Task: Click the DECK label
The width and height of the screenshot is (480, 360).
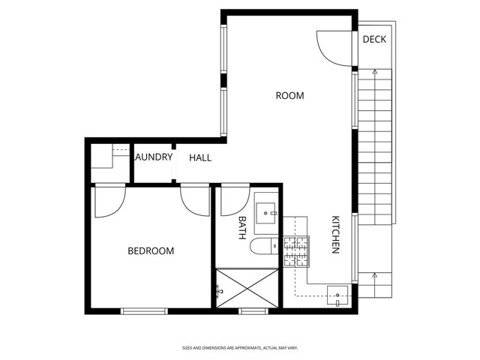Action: (x=374, y=39)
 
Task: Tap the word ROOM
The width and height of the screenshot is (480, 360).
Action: (x=289, y=95)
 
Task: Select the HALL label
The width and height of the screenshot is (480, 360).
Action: (x=200, y=157)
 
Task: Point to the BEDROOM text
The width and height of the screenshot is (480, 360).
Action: (x=150, y=250)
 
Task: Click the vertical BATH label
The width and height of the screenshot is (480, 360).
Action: (x=242, y=227)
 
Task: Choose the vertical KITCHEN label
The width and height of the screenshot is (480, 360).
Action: (x=336, y=235)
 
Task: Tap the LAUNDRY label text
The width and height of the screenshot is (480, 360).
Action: (x=154, y=157)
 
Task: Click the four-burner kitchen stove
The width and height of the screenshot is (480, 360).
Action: (x=296, y=251)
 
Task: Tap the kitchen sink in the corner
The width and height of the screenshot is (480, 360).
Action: (x=338, y=295)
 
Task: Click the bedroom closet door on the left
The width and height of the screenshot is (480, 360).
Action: (x=109, y=201)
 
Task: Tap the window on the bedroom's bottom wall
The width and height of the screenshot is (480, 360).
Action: (x=144, y=310)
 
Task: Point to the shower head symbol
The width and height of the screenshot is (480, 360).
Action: (x=220, y=289)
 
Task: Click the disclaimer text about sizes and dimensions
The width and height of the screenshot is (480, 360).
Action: (x=239, y=348)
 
